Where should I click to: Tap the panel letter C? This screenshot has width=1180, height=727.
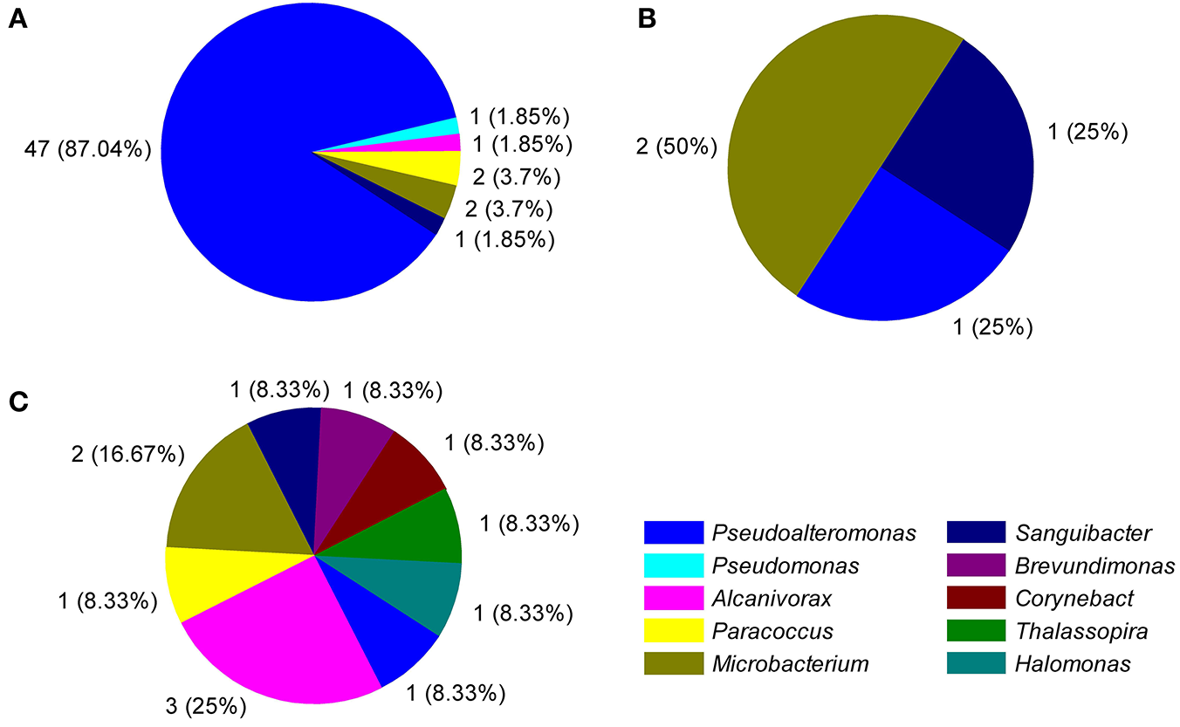tap(17, 403)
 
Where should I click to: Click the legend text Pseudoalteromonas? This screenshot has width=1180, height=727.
tap(813, 532)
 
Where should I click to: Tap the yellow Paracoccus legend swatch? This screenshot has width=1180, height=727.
tap(673, 631)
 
